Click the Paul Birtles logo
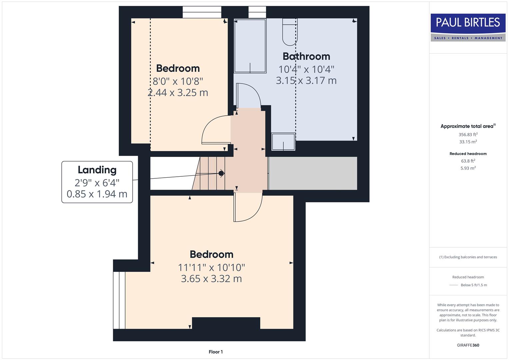[468, 27]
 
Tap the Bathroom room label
[306, 56]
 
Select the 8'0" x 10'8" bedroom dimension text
[178, 81]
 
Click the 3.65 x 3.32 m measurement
[211, 279]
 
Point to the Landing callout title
[97, 170]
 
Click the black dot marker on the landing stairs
[221, 173]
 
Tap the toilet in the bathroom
[290, 32]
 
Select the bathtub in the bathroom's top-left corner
[250, 46]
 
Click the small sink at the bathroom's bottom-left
[283, 142]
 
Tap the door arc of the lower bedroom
[248, 208]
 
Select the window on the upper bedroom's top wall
[202, 12]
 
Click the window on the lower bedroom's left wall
[119, 300]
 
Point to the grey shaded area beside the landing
[313, 173]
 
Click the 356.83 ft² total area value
[468, 135]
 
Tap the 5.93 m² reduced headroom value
[468, 168]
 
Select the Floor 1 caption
[216, 352]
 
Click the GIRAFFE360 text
[468, 345]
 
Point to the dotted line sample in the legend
[453, 285]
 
